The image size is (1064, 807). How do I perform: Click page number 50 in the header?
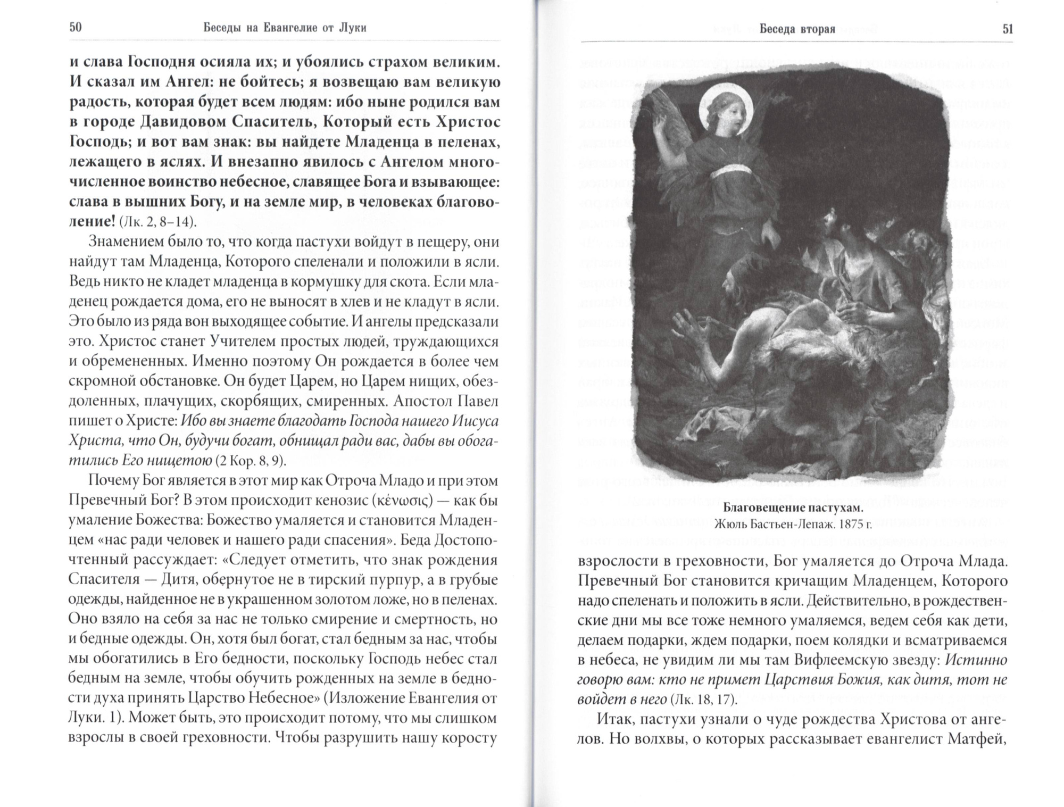[x=75, y=28]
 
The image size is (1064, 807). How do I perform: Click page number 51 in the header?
[x=1008, y=29]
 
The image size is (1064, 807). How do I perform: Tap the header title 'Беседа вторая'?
[x=797, y=29]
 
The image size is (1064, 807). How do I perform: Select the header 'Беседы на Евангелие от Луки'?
[x=285, y=28]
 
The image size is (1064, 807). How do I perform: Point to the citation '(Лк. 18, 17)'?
[x=703, y=698]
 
